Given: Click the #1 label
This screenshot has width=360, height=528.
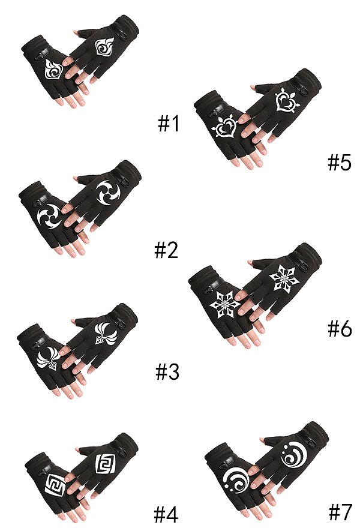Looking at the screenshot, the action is (169, 124).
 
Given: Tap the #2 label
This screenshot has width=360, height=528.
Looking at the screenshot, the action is (166, 251).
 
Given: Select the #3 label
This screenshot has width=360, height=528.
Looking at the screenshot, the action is (167, 372).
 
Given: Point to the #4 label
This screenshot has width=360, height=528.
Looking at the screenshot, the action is (166, 514).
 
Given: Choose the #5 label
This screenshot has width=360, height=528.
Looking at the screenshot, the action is (340, 163).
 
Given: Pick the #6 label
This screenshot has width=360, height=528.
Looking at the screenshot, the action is (340, 328).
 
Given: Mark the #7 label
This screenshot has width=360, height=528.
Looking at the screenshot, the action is (340, 511).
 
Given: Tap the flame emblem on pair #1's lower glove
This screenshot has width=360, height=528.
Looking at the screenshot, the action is (54, 70).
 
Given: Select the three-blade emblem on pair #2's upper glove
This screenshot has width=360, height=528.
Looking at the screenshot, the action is (108, 193).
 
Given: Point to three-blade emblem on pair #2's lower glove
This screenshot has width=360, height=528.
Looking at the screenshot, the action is (50, 216).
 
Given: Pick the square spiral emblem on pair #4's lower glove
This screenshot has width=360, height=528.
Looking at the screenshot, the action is (55, 485).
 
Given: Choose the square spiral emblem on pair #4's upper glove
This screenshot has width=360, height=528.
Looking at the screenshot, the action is (105, 464).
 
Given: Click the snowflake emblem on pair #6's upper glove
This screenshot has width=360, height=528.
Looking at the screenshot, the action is (282, 278).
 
